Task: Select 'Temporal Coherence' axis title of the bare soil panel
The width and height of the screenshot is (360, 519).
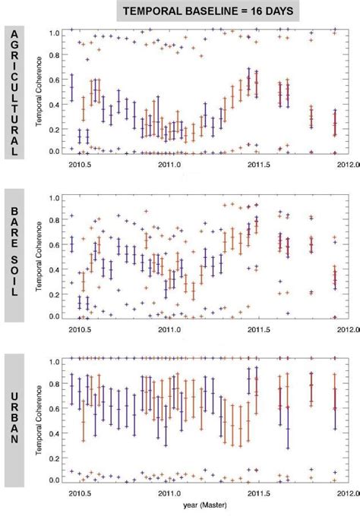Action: pos(36,257)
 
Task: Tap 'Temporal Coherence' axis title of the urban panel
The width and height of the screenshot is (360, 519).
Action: pos(36,421)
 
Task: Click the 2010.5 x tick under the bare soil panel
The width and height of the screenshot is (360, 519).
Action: pos(79,328)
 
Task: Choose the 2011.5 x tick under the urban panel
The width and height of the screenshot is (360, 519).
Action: pos(260,492)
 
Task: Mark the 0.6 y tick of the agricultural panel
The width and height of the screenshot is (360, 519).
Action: pos(53,80)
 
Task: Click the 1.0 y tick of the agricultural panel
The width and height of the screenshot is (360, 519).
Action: pos(53,33)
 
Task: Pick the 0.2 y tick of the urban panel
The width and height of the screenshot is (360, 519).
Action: pos(53,457)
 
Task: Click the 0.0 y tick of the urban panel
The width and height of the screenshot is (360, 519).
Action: pos(53,480)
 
